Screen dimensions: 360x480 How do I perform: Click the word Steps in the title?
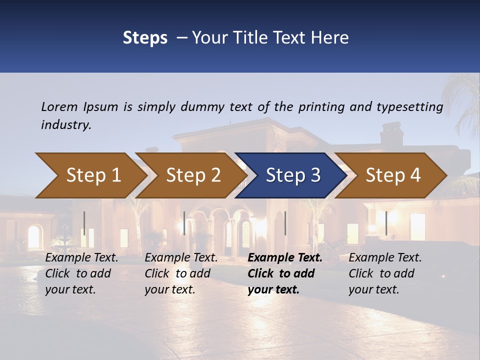145,38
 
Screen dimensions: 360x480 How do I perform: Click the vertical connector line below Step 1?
84,223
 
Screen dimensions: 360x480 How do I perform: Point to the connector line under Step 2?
184,223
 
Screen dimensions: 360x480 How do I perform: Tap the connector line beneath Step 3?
285,223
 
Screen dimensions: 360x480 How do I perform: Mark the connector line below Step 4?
386,223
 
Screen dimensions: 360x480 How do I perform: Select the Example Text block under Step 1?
81,273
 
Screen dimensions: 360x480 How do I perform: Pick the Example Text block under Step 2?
181,273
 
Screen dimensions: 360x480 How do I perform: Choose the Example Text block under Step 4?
385,273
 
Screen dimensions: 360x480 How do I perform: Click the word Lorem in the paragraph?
59,106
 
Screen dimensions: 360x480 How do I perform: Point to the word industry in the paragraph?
65,125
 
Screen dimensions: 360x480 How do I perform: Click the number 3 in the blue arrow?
315,175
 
